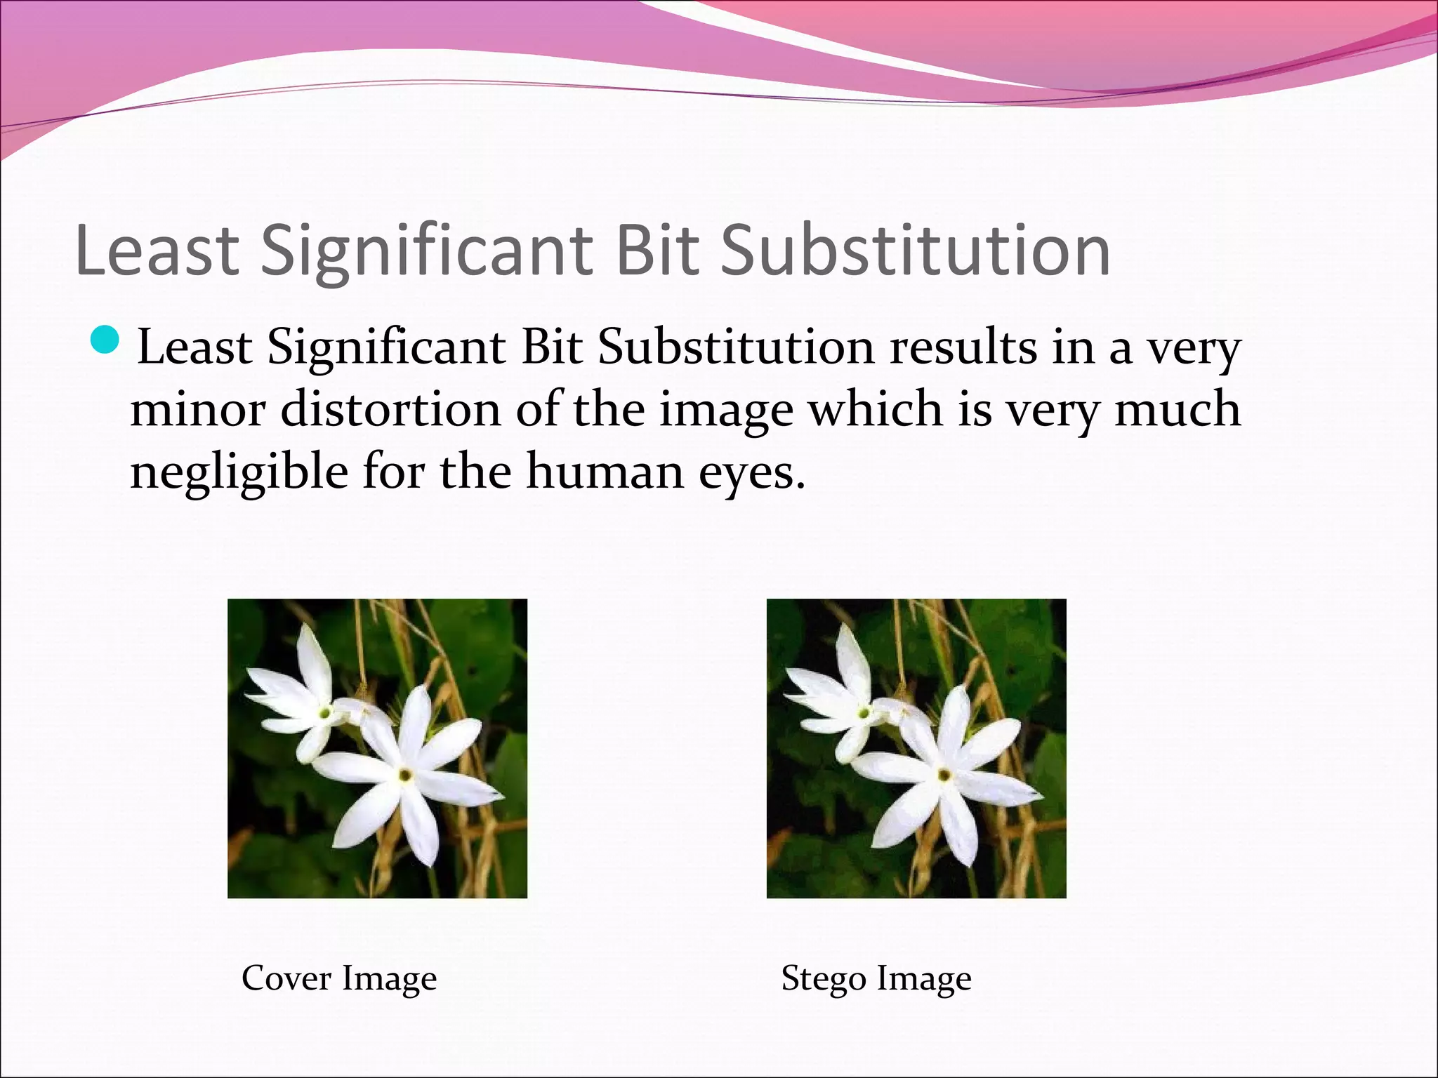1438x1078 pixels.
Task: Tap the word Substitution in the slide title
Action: click(x=916, y=251)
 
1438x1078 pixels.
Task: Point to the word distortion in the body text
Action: click(x=390, y=410)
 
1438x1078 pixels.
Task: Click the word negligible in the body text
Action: click(x=239, y=472)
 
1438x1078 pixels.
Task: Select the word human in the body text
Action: click(x=604, y=472)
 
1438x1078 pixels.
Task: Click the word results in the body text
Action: click(x=962, y=347)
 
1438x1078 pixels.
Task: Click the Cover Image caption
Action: click(x=339, y=978)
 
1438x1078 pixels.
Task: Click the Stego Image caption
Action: click(x=876, y=978)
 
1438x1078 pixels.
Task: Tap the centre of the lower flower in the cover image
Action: click(x=405, y=775)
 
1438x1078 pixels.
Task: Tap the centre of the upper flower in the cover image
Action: click(x=325, y=712)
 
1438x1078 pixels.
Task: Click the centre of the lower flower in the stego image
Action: click(x=944, y=775)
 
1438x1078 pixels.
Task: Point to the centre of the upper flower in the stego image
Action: click(x=864, y=712)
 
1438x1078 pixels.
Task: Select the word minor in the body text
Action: click(x=197, y=410)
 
